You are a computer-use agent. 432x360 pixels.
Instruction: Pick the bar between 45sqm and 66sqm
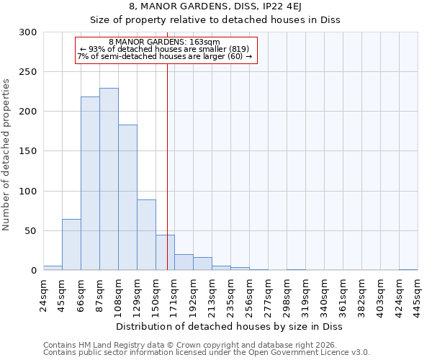pyautogui.click(x=71, y=245)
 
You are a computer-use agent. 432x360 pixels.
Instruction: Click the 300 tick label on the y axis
pyautogui.click(x=28, y=32)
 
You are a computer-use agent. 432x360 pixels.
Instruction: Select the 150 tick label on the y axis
pyautogui.click(x=28, y=151)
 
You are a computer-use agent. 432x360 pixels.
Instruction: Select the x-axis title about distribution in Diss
pyautogui.click(x=229, y=326)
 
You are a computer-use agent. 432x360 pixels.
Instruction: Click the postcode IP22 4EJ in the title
pyautogui.click(x=305, y=6)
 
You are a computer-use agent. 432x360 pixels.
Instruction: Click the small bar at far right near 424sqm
pyautogui.click(x=408, y=269)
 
